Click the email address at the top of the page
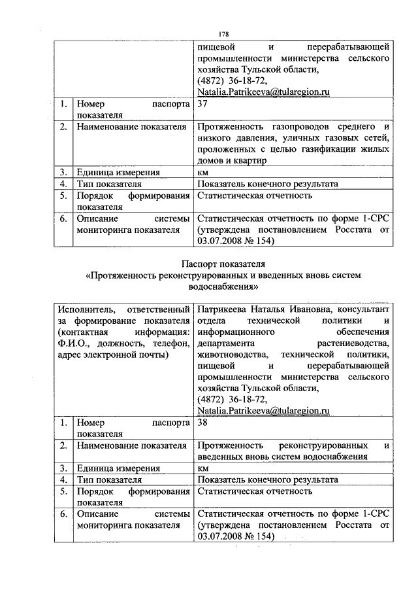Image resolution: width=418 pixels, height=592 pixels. [262, 93]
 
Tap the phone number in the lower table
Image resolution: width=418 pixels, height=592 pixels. [232, 399]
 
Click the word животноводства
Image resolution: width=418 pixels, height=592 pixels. [229, 355]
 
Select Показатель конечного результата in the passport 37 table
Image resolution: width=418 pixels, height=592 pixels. [267, 184]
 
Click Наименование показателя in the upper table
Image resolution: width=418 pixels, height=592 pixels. [131, 126]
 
